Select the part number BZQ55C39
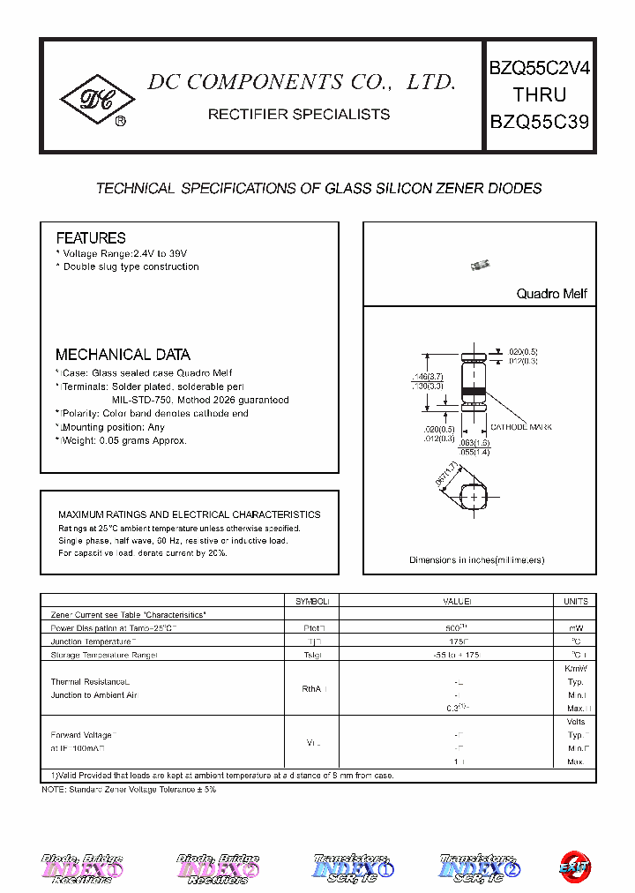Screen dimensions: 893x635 539,122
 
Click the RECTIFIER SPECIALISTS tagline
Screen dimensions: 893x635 298,114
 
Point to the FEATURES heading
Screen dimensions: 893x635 91,238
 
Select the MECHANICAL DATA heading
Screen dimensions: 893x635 123,355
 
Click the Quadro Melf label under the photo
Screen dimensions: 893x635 551,294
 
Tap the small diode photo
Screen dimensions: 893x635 480,264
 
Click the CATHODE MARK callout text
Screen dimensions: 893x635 521,427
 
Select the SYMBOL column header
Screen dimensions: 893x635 311,601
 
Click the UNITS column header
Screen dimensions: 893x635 575,601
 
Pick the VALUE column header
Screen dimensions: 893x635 457,601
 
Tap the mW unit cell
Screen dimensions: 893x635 575,627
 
